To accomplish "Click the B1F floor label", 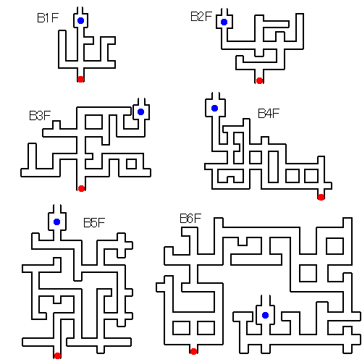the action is (x=48, y=18).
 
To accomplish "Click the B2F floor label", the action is (x=201, y=17).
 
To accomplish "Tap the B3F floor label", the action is (x=40, y=116).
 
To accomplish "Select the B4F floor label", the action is (x=269, y=114).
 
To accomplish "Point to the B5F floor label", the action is (x=94, y=223).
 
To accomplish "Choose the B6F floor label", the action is (x=190, y=219).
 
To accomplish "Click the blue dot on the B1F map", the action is (x=80, y=20).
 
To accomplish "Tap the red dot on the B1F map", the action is (x=80, y=79).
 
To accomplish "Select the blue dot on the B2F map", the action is (x=224, y=22).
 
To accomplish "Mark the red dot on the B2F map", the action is (x=259, y=80).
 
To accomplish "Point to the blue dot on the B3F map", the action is (x=140, y=111).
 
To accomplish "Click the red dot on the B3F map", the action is (x=81, y=188).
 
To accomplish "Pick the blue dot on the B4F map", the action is (x=214, y=108).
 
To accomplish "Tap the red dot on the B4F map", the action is (x=321, y=197).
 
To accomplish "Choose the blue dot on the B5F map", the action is (x=56, y=222).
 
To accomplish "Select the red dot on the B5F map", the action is (x=57, y=355).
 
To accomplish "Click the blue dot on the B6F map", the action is (x=265, y=315).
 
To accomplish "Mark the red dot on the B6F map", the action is (x=193, y=351).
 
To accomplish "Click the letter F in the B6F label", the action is (x=198, y=219).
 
